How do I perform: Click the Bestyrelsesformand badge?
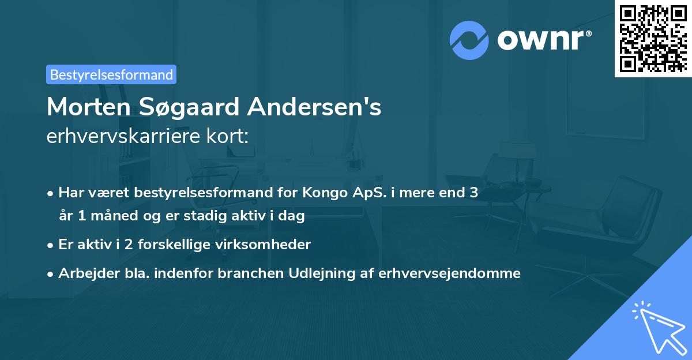tap(111, 74)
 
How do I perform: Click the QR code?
tap(653, 38)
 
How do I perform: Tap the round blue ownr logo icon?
tap(469, 40)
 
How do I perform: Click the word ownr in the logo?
tap(543, 40)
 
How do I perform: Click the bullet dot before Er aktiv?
tap(51, 245)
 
